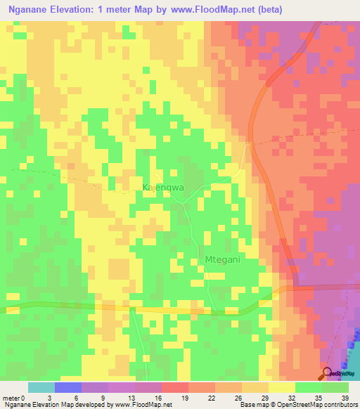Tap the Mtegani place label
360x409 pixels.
tap(222, 259)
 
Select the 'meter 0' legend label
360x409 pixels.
tap(15, 398)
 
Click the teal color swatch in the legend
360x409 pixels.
tap(41, 387)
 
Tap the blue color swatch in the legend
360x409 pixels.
tap(68, 387)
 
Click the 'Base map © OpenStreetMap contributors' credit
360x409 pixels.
tap(296, 405)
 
